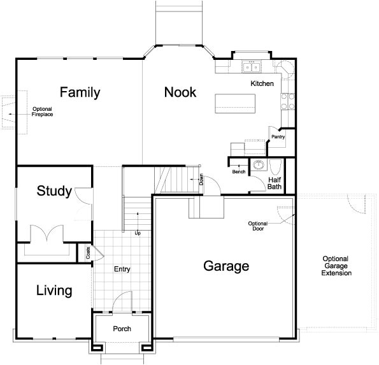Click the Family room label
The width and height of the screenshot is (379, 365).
pyautogui.click(x=80, y=92)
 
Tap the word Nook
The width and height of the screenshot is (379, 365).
pyautogui.click(x=180, y=92)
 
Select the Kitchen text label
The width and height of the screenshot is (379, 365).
pyautogui.click(x=262, y=83)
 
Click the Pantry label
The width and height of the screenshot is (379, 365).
pyautogui.click(x=278, y=136)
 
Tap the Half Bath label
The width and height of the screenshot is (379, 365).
pyautogui.click(x=275, y=183)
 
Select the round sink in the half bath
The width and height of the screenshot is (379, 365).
pyautogui.click(x=259, y=166)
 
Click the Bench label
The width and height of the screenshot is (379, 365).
pyautogui.click(x=239, y=172)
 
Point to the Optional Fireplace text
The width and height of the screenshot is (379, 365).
pyautogui.click(x=42, y=112)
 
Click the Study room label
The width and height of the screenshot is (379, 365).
pyautogui.click(x=54, y=190)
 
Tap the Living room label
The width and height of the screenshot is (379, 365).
pyautogui.click(x=54, y=291)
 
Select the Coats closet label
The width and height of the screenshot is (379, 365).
pyautogui.click(x=87, y=253)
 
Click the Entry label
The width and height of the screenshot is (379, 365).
pyautogui.click(x=122, y=269)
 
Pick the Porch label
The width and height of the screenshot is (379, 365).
pyautogui.click(x=122, y=329)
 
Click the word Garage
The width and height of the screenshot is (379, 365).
pyautogui.click(x=225, y=266)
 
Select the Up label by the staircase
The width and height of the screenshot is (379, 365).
pyautogui.click(x=137, y=233)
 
